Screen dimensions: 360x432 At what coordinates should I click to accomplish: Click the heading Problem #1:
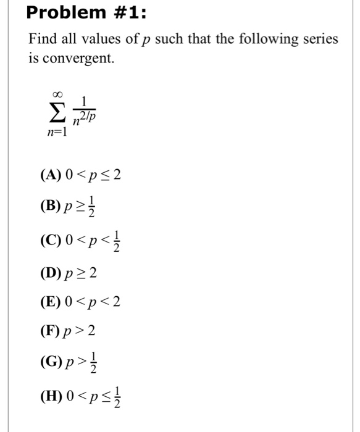coord(78,13)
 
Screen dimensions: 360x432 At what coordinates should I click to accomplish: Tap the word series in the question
coord(321,39)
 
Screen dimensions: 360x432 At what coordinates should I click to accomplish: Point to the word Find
coord(41,39)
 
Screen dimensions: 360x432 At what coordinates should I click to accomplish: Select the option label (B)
coord(50,207)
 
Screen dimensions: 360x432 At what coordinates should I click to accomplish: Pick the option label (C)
coord(50,238)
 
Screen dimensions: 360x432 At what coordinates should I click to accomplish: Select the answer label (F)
coord(49,332)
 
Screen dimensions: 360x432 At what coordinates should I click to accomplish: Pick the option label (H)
coord(50,395)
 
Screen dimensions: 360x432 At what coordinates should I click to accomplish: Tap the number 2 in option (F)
coord(91,332)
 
